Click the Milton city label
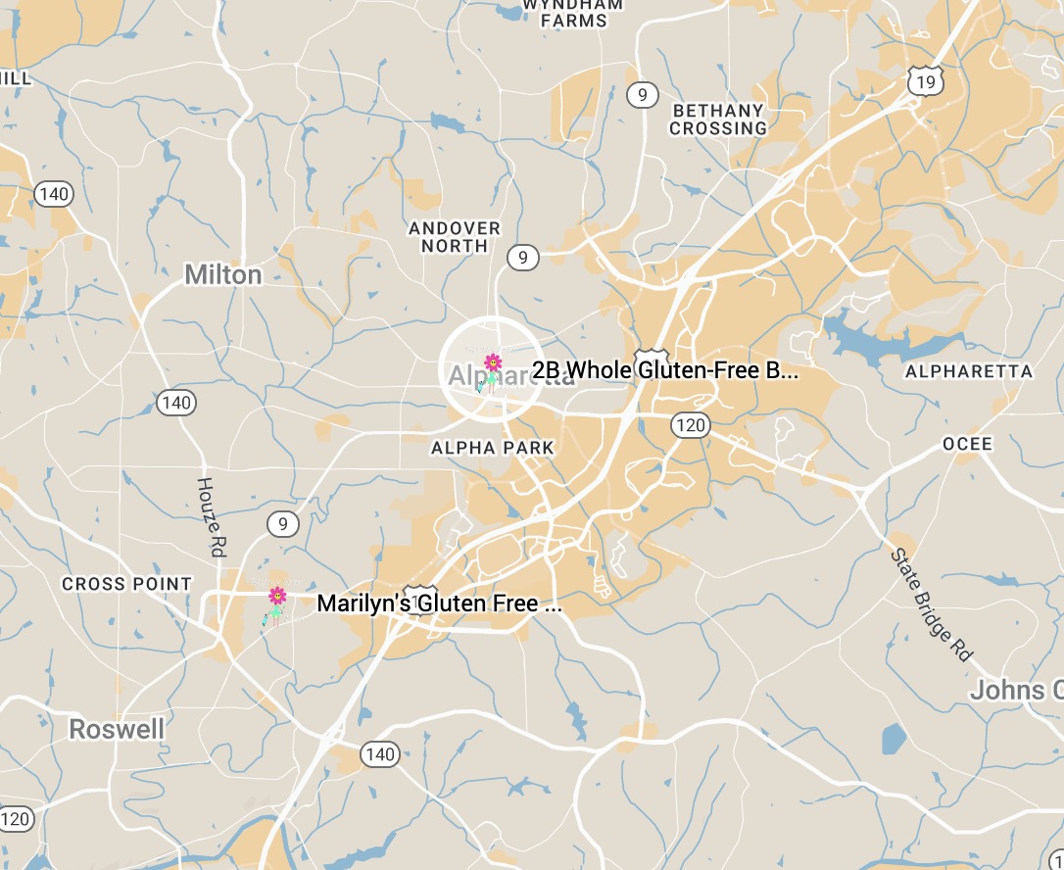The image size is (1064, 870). tap(223, 275)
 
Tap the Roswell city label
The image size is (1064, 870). tap(117, 730)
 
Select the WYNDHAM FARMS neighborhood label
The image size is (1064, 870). tap(573, 12)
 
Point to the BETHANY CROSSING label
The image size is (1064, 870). tap(718, 120)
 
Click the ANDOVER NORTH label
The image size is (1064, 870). tap(455, 237)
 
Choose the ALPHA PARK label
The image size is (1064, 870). tap(493, 448)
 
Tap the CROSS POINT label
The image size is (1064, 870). tap(127, 584)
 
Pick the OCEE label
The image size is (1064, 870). tap(967, 444)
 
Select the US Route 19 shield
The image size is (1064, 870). tap(925, 81)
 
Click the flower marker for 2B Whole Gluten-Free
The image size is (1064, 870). tap(493, 363)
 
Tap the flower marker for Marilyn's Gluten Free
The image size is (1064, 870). tap(277, 596)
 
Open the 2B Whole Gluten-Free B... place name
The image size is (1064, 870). tap(665, 370)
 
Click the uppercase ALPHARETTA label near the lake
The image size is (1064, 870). tap(969, 371)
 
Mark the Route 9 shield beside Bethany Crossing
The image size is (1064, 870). tap(643, 94)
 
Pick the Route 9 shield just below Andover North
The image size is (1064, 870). tap(523, 258)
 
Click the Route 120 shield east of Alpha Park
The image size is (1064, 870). tap(691, 424)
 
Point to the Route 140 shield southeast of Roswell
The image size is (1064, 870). tap(379, 753)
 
